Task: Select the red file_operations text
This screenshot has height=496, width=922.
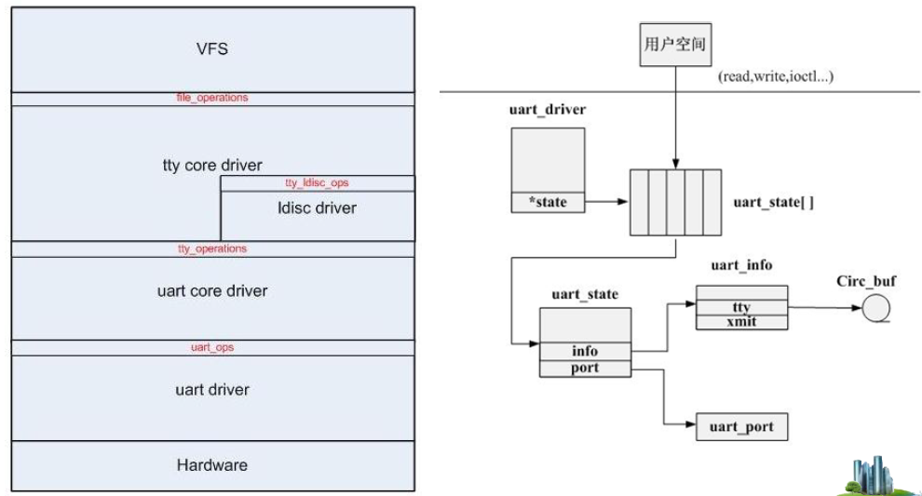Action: click(x=213, y=98)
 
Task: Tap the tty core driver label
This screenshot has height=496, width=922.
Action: click(x=213, y=166)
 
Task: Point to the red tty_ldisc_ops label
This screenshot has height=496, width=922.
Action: click(x=318, y=183)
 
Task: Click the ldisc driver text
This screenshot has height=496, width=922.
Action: click(x=318, y=208)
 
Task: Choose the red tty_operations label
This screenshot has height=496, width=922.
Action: click(x=213, y=248)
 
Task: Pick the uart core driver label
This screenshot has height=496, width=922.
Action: click(x=213, y=290)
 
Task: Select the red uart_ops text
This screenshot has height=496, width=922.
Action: click(x=213, y=347)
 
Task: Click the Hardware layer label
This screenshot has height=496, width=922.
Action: click(x=213, y=464)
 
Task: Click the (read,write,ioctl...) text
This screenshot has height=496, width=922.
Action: click(x=775, y=76)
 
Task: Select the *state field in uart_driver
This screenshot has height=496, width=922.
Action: click(x=548, y=201)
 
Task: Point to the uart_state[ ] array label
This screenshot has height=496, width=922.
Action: click(x=774, y=202)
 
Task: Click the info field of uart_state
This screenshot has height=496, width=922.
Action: click(x=586, y=351)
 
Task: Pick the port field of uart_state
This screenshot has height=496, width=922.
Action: click(x=586, y=368)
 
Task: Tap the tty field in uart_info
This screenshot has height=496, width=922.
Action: click(x=742, y=308)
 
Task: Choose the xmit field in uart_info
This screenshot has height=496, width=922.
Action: click(x=742, y=322)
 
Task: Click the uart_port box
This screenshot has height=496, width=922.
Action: click(x=741, y=428)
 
